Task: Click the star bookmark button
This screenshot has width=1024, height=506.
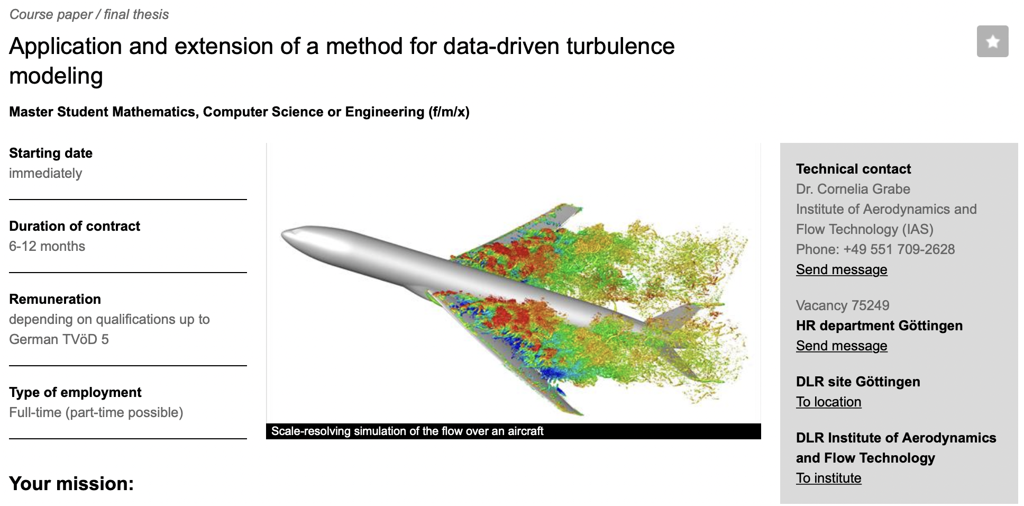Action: point(992,41)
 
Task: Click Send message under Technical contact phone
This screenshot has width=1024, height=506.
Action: point(842,269)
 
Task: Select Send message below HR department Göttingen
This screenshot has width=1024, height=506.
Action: point(842,346)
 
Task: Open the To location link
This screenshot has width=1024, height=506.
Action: point(828,402)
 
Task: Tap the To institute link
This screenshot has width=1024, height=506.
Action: point(828,478)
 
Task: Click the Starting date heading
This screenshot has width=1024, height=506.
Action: point(51,153)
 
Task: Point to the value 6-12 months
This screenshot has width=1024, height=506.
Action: point(47,246)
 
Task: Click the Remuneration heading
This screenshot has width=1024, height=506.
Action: point(55,299)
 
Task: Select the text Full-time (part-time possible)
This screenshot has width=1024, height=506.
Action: point(96,412)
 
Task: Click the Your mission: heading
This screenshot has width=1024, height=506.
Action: point(71,483)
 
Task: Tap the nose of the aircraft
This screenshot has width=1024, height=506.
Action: point(283,235)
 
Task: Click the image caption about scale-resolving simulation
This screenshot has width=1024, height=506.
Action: point(407,431)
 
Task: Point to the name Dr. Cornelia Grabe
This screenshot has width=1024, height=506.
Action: point(853,189)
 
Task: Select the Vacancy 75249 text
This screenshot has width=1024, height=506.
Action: point(843,305)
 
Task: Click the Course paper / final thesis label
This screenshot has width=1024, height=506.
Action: point(89,14)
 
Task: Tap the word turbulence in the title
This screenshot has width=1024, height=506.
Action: point(620,46)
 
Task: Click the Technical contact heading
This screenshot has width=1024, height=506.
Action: point(853,169)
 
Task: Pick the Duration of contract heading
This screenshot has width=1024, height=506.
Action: point(75,226)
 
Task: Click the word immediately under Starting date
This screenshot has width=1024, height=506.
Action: point(45,173)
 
